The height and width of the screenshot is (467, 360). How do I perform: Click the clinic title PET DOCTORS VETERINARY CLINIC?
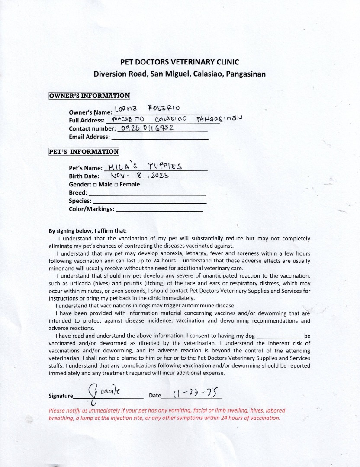click(180, 62)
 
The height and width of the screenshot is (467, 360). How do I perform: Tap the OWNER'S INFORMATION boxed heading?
click(89, 96)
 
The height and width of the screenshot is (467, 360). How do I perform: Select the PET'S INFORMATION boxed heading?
click(84, 152)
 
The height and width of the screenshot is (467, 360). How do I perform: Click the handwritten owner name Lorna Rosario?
click(147, 108)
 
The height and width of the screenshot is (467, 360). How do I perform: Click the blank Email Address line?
click(160, 138)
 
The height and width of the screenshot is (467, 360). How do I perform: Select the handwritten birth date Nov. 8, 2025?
click(139, 176)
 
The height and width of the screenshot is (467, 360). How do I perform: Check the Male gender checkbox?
click(95, 185)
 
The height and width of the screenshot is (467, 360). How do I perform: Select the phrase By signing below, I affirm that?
click(88, 231)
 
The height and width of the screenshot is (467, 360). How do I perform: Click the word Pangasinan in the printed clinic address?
click(245, 74)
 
